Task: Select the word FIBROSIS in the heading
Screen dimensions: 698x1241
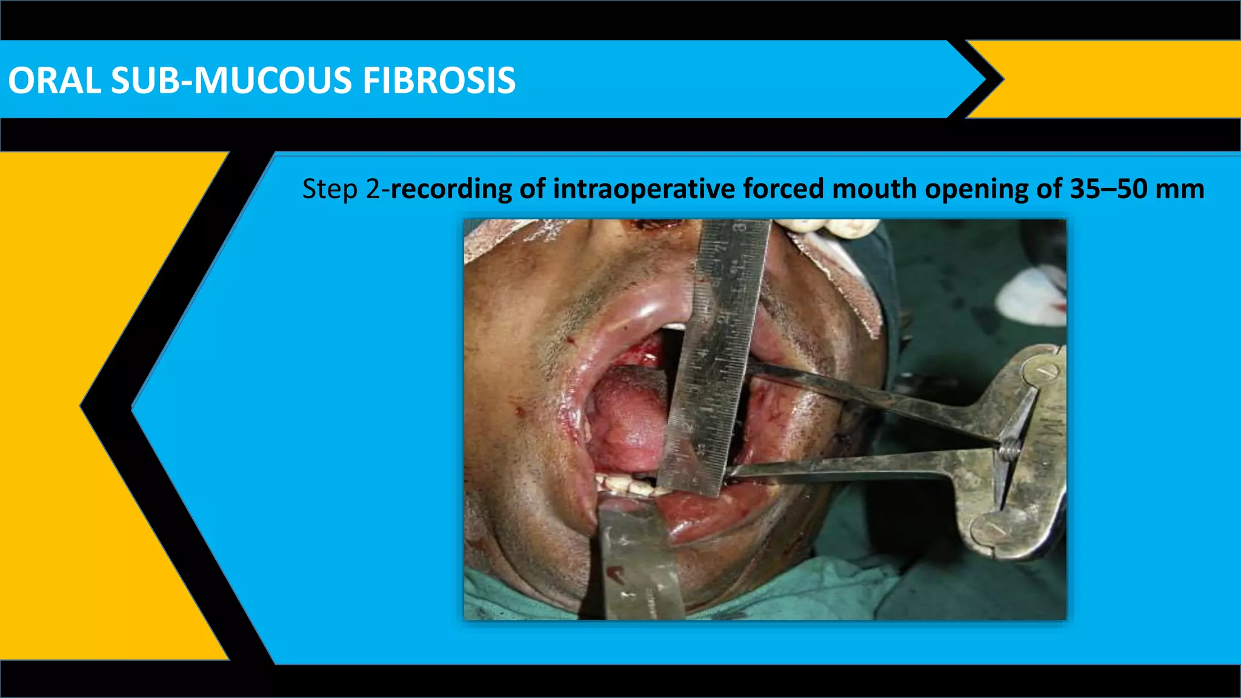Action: pyautogui.click(x=439, y=81)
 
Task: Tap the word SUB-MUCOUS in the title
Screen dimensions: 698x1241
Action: pyautogui.click(x=231, y=81)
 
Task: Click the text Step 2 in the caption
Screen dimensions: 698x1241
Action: pyautogui.click(x=341, y=189)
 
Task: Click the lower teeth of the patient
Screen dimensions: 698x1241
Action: pyautogui.click(x=624, y=485)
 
